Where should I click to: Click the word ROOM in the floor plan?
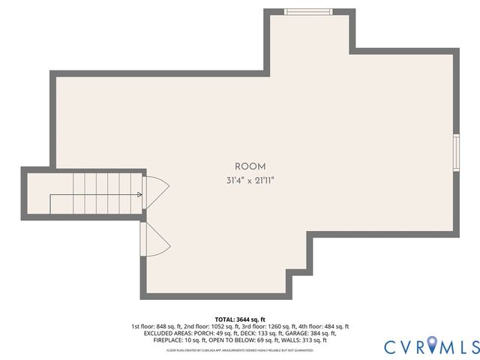tap(250, 166)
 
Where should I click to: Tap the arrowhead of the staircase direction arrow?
tap(140, 195)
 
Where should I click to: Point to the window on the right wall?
tap(456, 152)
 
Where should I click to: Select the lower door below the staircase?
tap(154, 239)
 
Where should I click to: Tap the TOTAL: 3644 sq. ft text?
tap(240, 319)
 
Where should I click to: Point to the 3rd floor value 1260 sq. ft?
tap(274, 326)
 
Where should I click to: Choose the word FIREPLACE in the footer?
tap(168, 340)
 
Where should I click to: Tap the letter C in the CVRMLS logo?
tap(390, 346)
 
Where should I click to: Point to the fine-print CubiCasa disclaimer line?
tap(240, 349)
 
